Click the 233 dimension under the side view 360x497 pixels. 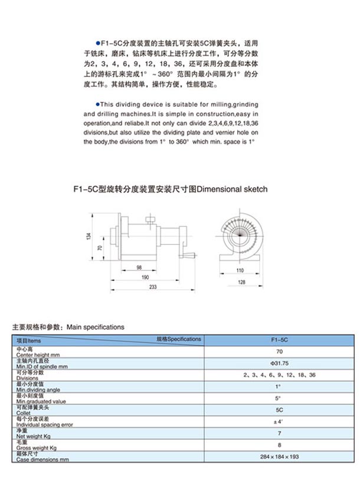click(152, 286)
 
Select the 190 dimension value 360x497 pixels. click(145, 277)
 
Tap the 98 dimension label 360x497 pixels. click(138, 267)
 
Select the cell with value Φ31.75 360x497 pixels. click(279, 363)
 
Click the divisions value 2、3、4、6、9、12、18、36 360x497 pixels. click(279, 375)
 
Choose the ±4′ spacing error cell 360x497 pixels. click(279, 421)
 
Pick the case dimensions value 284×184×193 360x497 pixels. click(279, 457)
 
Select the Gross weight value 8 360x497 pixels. click(279, 445)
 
